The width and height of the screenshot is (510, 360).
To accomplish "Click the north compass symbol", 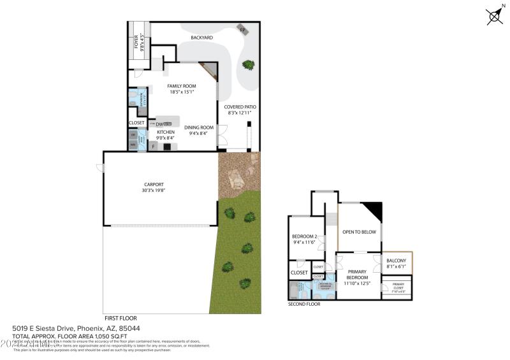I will tap(494, 17).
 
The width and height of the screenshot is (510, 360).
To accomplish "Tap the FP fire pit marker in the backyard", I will tap(242, 29).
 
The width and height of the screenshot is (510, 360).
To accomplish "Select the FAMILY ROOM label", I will tap(181, 86).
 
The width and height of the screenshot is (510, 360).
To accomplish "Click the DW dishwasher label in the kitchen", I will tap(159, 124).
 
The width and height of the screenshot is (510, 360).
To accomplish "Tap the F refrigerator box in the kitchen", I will tap(153, 146).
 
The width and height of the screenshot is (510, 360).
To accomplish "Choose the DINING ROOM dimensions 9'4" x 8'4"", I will tap(198, 133).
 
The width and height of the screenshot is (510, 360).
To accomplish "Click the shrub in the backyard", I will tap(247, 64).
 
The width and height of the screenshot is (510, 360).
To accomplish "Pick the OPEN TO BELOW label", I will tap(360, 232).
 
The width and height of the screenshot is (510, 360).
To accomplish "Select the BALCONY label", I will tap(397, 261).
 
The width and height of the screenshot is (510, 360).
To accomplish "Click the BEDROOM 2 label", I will tap(304, 237).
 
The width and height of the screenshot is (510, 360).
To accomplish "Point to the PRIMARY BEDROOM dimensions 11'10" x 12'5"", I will tap(357, 284).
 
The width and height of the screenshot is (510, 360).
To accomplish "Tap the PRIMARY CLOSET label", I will tap(398, 285).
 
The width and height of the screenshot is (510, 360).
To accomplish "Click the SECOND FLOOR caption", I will tap(304, 304).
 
